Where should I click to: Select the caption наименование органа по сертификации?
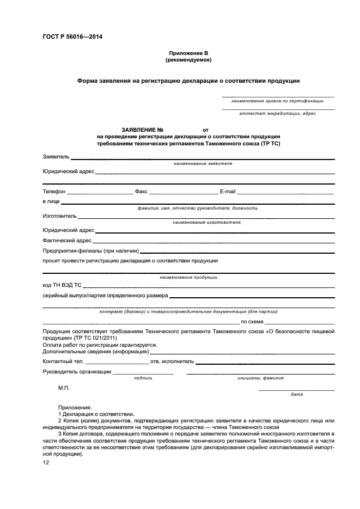277,101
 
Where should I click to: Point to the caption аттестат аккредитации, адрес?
277,113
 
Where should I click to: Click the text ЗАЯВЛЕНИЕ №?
142,130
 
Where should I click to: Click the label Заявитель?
56,157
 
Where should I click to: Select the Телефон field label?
54,192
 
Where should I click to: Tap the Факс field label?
141,192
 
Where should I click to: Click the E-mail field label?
227,192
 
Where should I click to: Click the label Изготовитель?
59,216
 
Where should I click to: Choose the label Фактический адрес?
67,240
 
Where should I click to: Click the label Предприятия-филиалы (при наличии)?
91,251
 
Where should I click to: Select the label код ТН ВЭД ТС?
62,285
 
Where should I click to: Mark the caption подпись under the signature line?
143,377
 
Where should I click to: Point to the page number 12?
46,462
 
